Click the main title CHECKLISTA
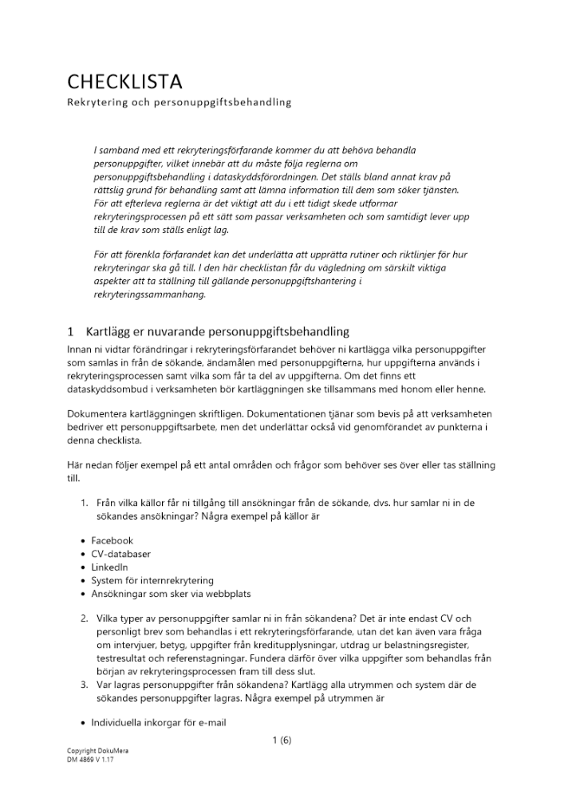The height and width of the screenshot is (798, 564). [124, 81]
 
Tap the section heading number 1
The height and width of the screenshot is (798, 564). [70, 331]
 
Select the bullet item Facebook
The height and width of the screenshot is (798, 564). [112, 540]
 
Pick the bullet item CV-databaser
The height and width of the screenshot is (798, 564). [120, 554]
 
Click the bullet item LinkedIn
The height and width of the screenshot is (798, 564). [109, 567]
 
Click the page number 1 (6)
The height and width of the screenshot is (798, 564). [282, 740]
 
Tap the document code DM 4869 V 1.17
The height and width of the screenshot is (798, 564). [91, 760]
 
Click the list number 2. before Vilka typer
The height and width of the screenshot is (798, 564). [84, 618]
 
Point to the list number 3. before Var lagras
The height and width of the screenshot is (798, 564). [84, 685]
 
